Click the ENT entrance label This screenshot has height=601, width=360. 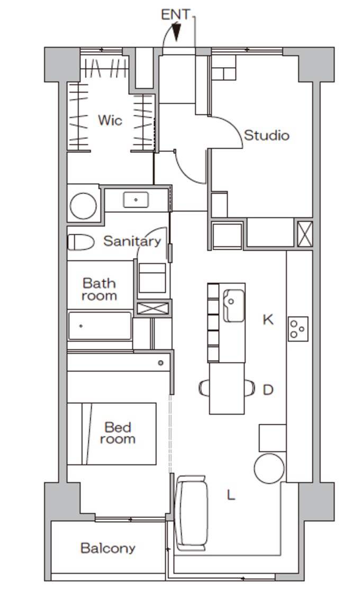pos(175,15)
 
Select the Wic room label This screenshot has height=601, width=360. pos(110,120)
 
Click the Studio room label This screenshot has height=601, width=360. pos(266,135)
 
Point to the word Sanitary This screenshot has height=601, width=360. pos(132,241)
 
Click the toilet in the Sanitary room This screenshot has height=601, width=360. pos(81,242)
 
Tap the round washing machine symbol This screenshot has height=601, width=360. pos(83,206)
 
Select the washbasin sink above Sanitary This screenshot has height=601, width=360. pos(136,199)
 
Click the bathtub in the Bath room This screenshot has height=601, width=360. pos(100,326)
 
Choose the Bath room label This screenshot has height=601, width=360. pos(99,289)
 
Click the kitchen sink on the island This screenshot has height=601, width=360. pos(233,305)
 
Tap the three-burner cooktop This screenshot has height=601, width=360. pos(298,329)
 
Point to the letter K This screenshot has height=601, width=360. pos(268,320)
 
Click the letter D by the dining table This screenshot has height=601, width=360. pos(268,390)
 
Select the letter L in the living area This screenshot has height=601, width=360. pos(230,495)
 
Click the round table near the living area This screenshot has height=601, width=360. pos(269,468)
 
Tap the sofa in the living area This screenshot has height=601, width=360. pos(191,513)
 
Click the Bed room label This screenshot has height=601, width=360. pos(118,433)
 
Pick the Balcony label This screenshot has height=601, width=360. pos(107,549)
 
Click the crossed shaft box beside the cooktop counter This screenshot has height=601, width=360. pos(305,234)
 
